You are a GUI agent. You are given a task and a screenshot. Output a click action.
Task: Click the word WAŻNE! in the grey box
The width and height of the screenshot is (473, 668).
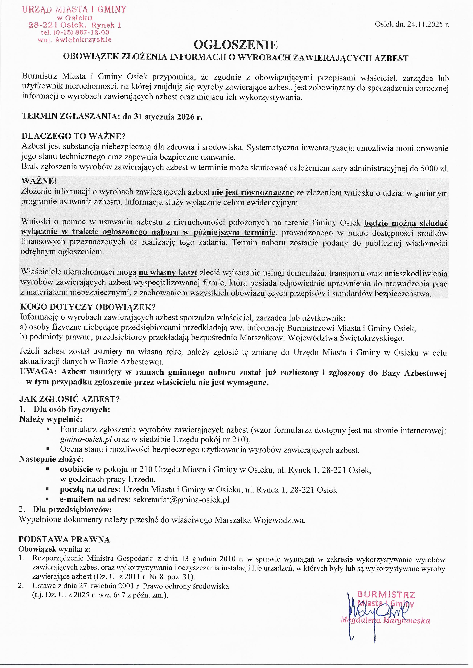[39, 181]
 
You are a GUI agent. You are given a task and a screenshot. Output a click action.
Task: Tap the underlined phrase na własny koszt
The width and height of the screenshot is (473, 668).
[168, 273]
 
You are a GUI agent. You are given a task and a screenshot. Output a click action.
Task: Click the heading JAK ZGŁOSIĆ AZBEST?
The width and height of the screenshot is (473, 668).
[70, 399]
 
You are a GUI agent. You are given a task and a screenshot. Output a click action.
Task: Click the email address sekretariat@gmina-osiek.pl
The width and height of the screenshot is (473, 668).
[181, 499]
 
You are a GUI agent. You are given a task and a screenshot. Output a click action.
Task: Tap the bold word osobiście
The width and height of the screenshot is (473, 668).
[76, 469]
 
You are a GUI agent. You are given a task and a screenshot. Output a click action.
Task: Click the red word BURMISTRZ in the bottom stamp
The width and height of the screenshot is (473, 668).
[386, 595]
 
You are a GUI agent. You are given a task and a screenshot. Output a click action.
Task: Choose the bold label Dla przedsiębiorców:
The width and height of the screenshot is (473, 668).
[72, 510]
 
